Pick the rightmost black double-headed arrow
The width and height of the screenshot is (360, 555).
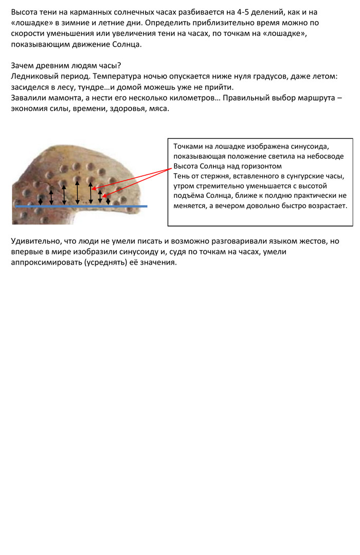[x=108, y=200]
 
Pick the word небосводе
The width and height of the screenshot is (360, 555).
[x=326, y=156]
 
